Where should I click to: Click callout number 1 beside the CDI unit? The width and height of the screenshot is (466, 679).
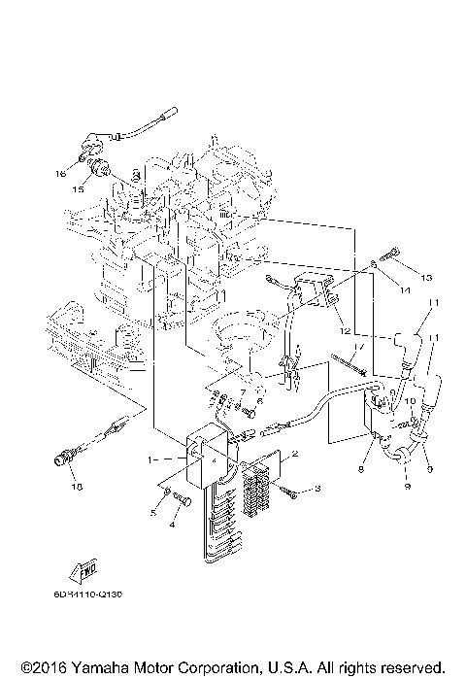[150, 458]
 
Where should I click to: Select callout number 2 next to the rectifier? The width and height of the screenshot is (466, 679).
[295, 454]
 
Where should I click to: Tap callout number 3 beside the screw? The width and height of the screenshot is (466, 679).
[316, 491]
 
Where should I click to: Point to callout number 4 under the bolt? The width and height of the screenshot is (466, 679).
[172, 525]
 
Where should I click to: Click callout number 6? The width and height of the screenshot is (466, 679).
[260, 401]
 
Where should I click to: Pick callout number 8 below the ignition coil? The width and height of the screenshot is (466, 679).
[361, 469]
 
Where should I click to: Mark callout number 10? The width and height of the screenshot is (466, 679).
[409, 401]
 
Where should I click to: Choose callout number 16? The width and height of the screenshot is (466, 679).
[60, 175]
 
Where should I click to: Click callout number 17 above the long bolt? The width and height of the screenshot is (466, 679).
[357, 346]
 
